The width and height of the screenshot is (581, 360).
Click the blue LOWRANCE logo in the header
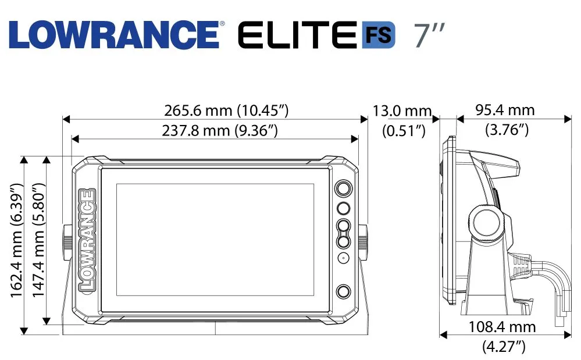point(114,34)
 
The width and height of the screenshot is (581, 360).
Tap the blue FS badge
point(378,35)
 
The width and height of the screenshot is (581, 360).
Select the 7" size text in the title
point(429,35)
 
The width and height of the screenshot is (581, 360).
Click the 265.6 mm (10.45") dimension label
point(226,111)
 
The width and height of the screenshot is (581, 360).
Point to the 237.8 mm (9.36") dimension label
point(220,130)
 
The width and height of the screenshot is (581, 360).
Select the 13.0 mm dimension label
point(402,111)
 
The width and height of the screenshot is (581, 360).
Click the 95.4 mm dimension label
point(505,110)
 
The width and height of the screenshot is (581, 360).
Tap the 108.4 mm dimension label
point(502,327)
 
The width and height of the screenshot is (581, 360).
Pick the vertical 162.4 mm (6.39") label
point(17,240)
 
